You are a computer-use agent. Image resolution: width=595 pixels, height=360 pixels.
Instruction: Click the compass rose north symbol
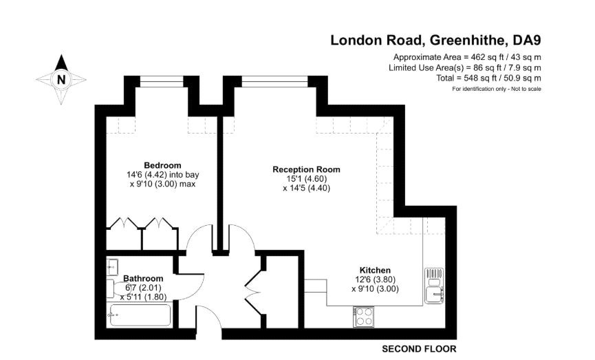pyautogui.click(x=61, y=79)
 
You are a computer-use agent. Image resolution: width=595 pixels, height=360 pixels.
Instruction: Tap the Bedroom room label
pyautogui.click(x=162, y=165)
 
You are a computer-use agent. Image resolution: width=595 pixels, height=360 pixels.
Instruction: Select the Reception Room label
pyautogui.click(x=306, y=169)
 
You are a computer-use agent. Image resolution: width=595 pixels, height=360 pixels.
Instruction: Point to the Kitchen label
pyautogui.click(x=376, y=270)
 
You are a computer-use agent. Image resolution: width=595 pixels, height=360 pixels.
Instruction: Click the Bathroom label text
pyautogui.click(x=143, y=278)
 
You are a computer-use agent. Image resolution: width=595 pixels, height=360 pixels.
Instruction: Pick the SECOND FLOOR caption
pyautogui.click(x=420, y=349)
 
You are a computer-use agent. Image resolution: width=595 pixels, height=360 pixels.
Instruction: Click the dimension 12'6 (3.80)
pyautogui.click(x=376, y=279)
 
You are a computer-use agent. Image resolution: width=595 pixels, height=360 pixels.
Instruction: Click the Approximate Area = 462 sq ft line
pyautogui.click(x=467, y=56)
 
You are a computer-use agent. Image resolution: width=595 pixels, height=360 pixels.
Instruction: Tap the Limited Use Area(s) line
pyautogui.click(x=465, y=67)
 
